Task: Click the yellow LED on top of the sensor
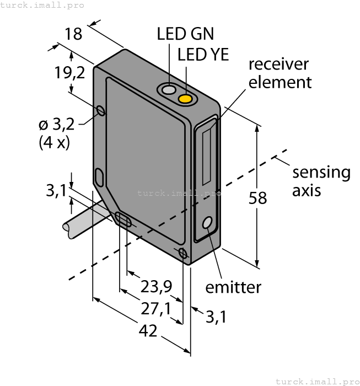point(186,99)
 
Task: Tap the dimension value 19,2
point(70,72)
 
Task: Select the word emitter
point(233,287)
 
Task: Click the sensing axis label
point(321,181)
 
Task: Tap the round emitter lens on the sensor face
point(208,223)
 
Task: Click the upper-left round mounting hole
point(100,111)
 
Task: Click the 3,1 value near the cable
point(56,191)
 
